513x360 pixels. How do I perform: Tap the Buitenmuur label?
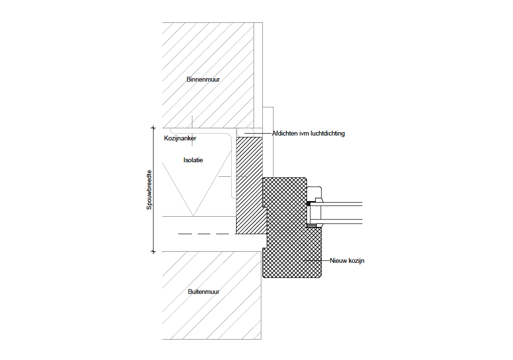click(204, 292)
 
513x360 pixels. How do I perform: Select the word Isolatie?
click(193, 160)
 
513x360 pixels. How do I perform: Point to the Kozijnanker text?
click(180, 138)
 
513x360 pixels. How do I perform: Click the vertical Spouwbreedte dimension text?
click(150, 189)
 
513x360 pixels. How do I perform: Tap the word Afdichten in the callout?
click(285, 133)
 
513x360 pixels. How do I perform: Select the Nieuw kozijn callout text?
click(347, 261)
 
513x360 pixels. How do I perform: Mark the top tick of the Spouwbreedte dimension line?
click(154, 128)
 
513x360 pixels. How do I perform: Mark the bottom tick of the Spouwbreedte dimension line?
click(154, 252)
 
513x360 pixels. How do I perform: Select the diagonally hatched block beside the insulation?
click(249, 185)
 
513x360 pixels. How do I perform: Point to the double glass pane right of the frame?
click(340, 211)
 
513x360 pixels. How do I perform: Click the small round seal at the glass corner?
click(308, 205)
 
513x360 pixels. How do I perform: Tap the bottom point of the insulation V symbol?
click(193, 216)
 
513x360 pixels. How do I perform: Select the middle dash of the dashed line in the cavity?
click(204, 234)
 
